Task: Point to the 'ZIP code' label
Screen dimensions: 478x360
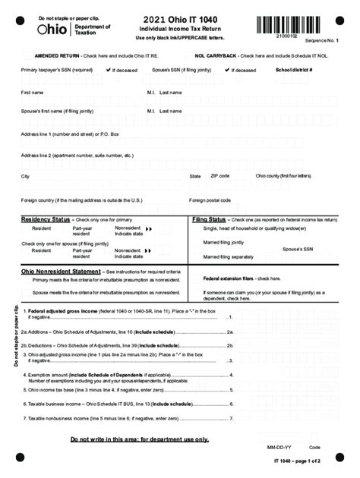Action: (x=219, y=175)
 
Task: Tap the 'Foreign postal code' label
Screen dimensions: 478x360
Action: (x=210, y=200)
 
